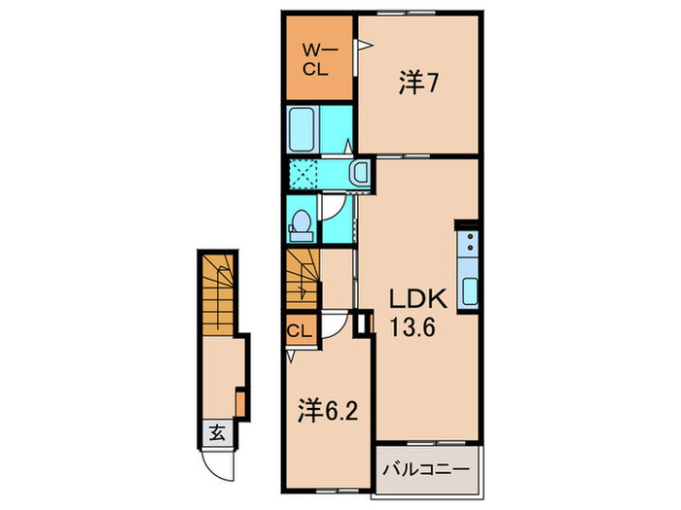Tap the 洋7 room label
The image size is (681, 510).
(416, 85)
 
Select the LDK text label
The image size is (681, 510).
(412, 298)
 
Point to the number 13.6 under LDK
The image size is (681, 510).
(413, 327)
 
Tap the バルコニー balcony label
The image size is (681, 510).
(425, 469)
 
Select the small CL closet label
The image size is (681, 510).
(300, 331)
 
